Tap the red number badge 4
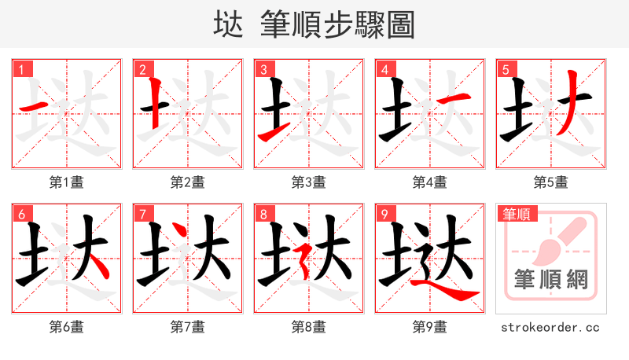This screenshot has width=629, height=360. (385, 70)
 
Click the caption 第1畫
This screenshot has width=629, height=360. (67, 182)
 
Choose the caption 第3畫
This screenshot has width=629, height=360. (309, 182)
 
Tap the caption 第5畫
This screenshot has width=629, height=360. (551, 182)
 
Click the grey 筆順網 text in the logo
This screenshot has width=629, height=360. (551, 279)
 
